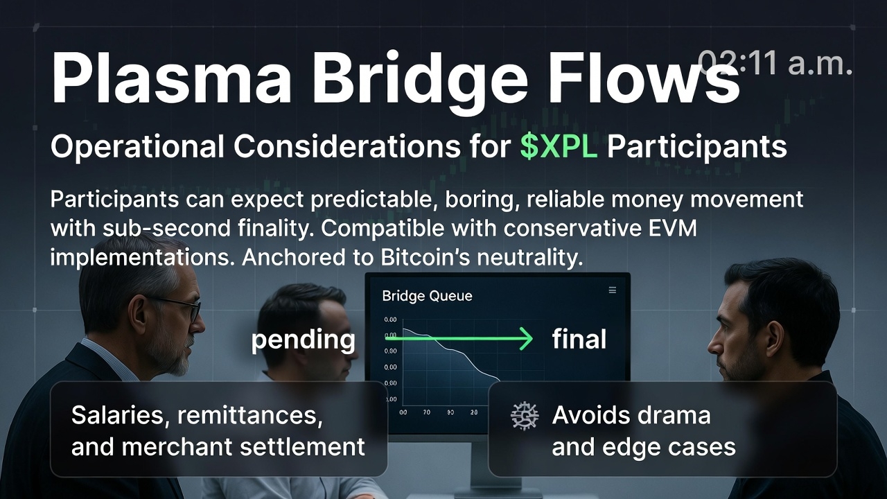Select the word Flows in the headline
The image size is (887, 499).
point(644,78)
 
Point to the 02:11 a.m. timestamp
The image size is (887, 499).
point(775,63)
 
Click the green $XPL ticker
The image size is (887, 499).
point(559,147)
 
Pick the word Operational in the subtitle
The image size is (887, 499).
point(137,147)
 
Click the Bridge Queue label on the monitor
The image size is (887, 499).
point(427,296)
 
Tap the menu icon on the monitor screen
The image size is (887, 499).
point(612,290)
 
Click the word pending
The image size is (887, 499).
point(303,340)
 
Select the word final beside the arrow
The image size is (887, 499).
point(579,340)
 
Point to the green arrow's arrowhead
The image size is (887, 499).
point(527,339)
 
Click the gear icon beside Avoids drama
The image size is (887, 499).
point(525,416)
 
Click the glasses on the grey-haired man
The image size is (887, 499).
point(182,307)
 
